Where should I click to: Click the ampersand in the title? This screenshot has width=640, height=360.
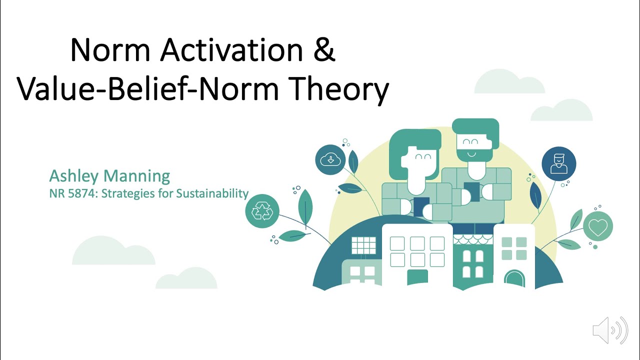(324, 50)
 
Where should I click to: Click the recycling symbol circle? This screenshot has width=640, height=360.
(262, 211)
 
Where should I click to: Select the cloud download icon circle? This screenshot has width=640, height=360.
(330, 160)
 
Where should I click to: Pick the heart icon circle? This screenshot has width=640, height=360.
(597, 227)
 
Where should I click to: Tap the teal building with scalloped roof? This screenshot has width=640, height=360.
(473, 260)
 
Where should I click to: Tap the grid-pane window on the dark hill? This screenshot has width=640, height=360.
(363, 245)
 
